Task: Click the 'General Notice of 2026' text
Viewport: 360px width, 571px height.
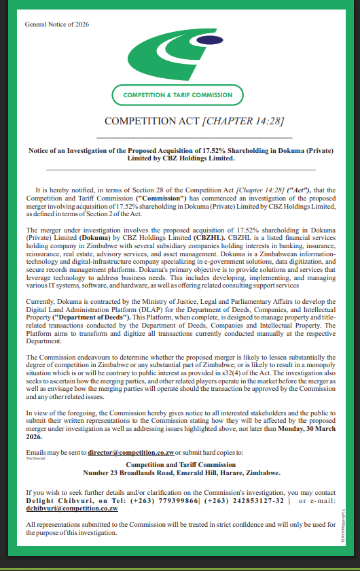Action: pyautogui.click(x=56, y=24)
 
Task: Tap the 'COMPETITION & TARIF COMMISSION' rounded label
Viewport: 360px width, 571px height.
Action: pyautogui.click(x=177, y=95)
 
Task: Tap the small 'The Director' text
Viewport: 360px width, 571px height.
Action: pyautogui.click(x=35, y=458)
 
